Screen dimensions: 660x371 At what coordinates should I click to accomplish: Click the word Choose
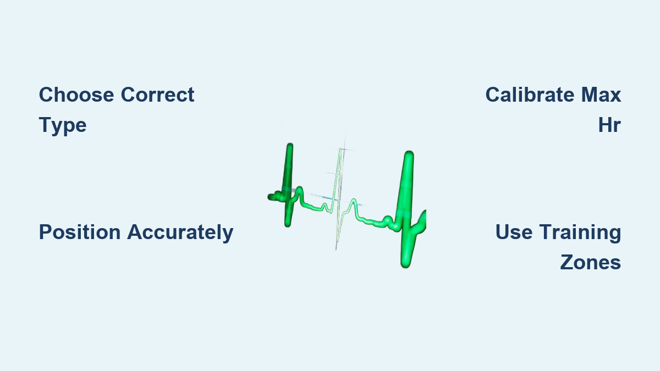76,95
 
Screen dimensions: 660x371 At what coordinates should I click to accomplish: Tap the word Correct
157,95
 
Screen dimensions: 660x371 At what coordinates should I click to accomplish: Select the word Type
63,125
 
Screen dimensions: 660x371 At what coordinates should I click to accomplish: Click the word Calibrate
530,95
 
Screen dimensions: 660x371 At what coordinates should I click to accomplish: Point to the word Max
601,95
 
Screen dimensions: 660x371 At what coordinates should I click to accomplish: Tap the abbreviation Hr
609,125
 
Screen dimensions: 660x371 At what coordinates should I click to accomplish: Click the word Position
80,232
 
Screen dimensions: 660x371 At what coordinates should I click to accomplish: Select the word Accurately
180,232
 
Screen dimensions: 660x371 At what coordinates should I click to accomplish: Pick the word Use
514,232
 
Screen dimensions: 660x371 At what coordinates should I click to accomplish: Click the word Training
580,232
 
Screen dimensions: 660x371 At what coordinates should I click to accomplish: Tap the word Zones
591,262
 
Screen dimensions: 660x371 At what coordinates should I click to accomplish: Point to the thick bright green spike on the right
407,209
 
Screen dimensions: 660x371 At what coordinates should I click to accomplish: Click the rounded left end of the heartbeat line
270,197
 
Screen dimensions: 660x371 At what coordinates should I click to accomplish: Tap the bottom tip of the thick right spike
405,266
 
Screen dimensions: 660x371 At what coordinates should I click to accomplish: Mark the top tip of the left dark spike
290,145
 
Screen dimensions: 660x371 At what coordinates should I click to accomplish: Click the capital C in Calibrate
493,95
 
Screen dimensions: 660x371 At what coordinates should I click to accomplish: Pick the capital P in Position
46,232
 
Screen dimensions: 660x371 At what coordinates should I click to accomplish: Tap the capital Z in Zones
568,262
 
